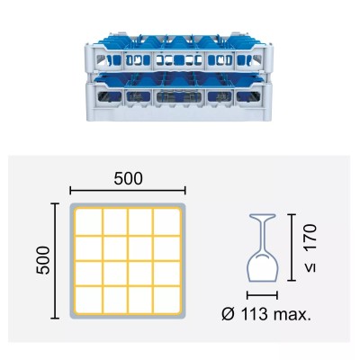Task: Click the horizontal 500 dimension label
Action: pyautogui.click(x=128, y=179)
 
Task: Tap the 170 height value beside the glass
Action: pyautogui.click(x=310, y=238)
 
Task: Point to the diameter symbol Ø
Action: pyautogui.click(x=229, y=314)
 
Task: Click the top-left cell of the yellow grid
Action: pyautogui.click(x=88, y=221)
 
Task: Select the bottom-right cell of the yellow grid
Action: pyautogui.click(x=166, y=301)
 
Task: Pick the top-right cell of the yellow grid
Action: pyautogui.click(x=166, y=221)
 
